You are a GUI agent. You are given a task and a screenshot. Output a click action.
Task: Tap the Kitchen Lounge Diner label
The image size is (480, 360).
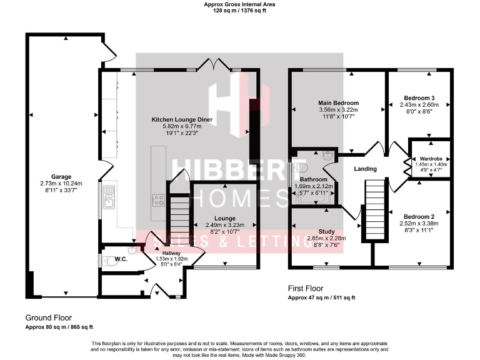pyautogui.click(x=177, y=119)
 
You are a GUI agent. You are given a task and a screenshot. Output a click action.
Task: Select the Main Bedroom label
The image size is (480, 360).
pyautogui.click(x=338, y=103)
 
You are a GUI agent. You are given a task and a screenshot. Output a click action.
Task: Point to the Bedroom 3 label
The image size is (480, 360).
pyautogui.click(x=418, y=98)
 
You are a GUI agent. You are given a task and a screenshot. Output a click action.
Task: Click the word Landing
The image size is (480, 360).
pyautogui.click(x=365, y=169)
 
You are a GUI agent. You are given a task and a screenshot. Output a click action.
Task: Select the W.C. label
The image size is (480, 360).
pyautogui.click(x=121, y=259)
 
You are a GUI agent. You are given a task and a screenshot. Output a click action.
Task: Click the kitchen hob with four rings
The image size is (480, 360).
pyautogui.click(x=158, y=201)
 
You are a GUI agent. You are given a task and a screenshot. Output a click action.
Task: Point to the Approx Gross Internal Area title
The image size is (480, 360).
pyautogui.click(x=240, y=4)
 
